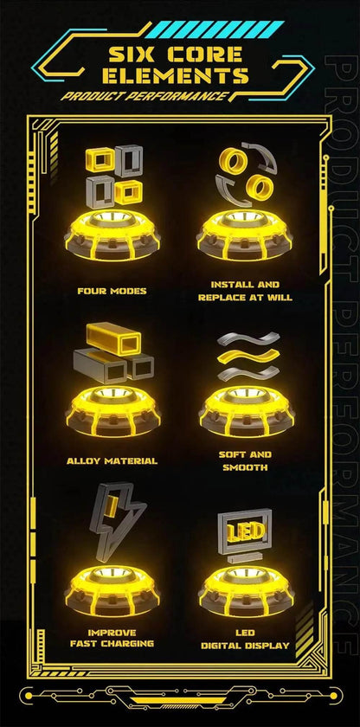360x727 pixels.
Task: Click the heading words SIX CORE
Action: tap(175, 55)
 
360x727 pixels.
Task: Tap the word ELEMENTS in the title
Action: tap(176, 75)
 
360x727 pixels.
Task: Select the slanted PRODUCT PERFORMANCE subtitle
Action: tap(145, 96)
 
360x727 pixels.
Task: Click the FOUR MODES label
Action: tap(112, 291)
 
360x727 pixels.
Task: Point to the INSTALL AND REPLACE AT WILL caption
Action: tap(245, 291)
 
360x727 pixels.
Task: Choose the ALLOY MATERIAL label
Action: tap(112, 460)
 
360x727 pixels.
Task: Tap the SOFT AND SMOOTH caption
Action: tap(245, 460)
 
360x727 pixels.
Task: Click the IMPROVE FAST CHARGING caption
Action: tap(112, 638)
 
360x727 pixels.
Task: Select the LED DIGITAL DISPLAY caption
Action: tap(245, 639)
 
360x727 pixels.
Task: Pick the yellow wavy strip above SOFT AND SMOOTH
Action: tap(248, 356)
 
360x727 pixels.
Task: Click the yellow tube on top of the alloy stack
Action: tap(113, 338)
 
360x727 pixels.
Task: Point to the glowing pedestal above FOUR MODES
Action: tap(112, 235)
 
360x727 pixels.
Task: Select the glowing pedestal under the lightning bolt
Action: tap(112, 590)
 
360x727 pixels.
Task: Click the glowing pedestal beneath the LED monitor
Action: tap(246, 590)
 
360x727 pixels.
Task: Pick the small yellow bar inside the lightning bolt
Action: tap(111, 506)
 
